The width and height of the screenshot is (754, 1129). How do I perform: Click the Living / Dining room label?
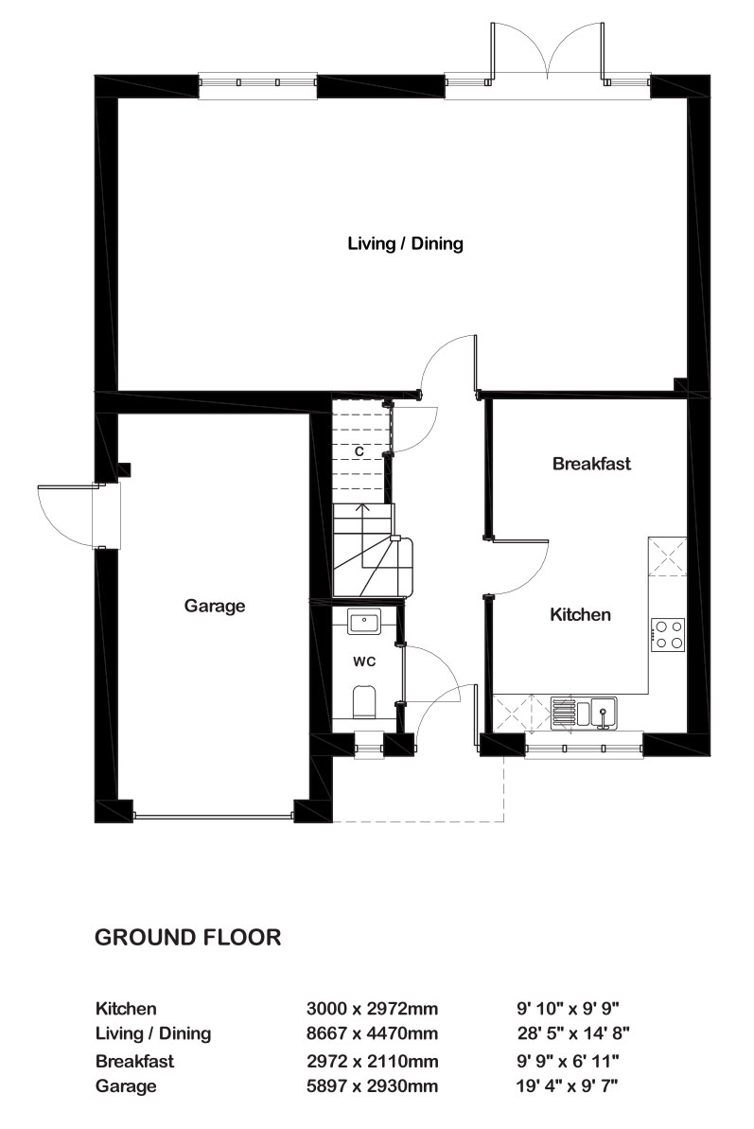(x=405, y=243)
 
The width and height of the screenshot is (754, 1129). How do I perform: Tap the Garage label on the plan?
(x=215, y=607)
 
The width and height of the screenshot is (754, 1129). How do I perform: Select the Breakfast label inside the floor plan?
(x=591, y=464)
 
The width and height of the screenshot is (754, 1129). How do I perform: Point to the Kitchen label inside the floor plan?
(x=580, y=614)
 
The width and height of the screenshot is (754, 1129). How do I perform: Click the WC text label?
(x=364, y=662)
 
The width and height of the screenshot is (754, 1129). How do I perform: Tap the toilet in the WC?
(x=364, y=702)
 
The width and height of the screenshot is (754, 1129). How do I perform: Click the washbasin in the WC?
(x=365, y=622)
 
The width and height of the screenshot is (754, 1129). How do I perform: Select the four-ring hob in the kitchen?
(x=668, y=635)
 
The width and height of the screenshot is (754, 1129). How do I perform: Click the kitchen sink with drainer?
(x=585, y=713)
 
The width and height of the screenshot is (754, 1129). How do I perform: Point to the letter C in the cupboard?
(x=359, y=451)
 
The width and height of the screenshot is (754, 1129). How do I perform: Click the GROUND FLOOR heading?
(x=187, y=938)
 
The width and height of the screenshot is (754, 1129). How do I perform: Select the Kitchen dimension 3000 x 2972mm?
(x=372, y=1009)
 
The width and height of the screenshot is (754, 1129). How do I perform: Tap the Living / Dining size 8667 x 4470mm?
(x=372, y=1034)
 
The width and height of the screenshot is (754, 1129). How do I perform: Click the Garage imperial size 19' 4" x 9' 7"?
(x=567, y=1085)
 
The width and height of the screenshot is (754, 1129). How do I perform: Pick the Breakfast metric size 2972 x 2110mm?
(x=372, y=1061)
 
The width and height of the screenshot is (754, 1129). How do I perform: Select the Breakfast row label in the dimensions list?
(x=134, y=1061)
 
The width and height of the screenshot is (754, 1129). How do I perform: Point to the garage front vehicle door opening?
(x=214, y=816)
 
